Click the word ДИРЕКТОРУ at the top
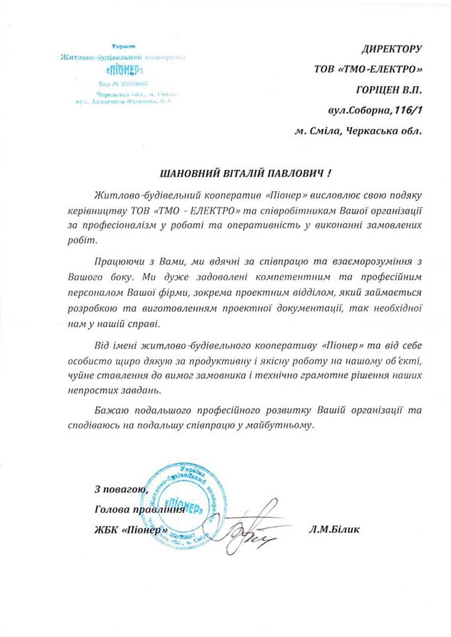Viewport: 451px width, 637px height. (x=391, y=49)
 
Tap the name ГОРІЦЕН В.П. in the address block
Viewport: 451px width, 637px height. (x=389, y=88)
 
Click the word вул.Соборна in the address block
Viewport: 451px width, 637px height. (x=359, y=108)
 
